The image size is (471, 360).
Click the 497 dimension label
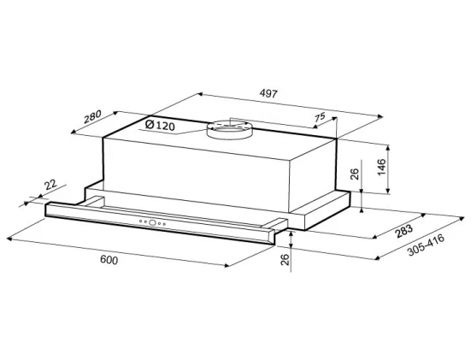[268, 93]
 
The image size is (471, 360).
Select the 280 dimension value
[93, 117]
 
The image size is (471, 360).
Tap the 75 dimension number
[320, 116]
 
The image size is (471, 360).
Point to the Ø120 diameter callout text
[160, 125]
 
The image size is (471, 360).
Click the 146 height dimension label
[381, 168]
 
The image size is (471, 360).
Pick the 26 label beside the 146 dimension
[355, 174]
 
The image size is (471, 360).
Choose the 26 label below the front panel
[285, 259]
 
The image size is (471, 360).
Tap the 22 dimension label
[50, 185]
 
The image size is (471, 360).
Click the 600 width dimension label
[109, 260]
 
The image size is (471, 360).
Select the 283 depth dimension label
[404, 232]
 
